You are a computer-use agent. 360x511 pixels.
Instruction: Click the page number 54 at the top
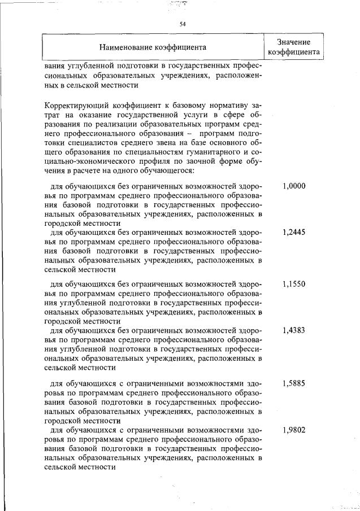183,24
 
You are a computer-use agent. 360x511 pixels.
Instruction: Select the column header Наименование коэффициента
153,47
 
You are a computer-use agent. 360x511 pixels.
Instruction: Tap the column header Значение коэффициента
294,47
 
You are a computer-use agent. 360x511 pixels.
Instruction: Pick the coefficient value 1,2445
294,232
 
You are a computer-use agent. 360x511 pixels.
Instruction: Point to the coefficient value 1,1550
294,284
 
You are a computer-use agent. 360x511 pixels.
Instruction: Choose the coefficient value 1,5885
294,383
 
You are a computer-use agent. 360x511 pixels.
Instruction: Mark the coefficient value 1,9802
294,430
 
